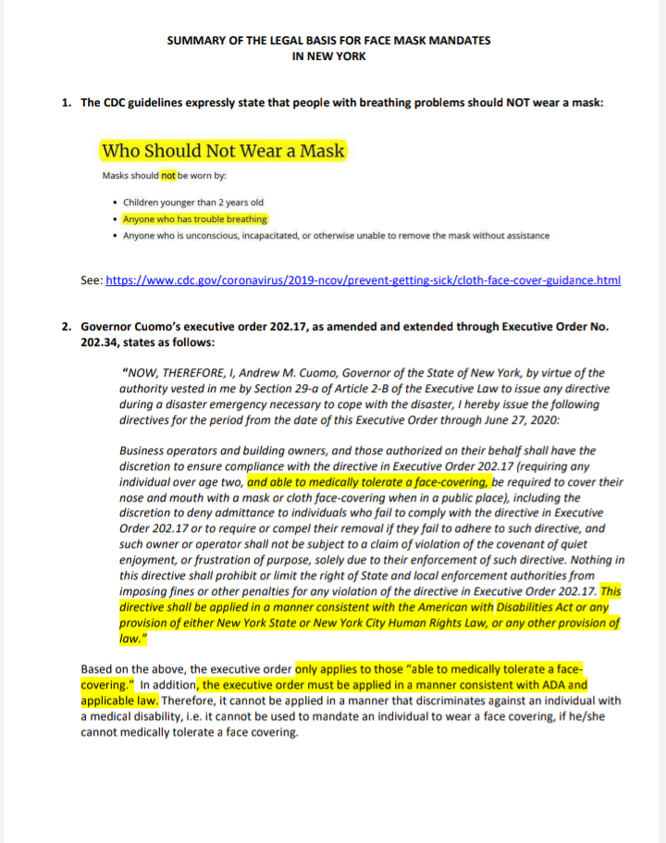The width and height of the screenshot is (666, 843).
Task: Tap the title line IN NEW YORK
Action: tap(328, 56)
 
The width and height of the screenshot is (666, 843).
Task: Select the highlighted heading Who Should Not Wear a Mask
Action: tap(223, 151)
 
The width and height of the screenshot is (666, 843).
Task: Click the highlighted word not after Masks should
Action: tap(167, 175)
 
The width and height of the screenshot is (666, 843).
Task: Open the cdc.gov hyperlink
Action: tap(364, 279)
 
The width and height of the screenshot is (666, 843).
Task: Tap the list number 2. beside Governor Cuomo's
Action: tap(67, 327)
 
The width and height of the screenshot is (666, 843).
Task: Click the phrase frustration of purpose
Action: tap(257, 561)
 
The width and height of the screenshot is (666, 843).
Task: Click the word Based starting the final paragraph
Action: tap(97, 670)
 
